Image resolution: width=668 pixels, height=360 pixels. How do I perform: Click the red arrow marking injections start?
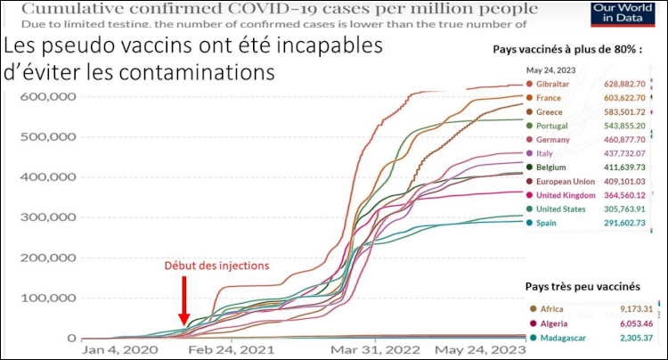tap(184, 300)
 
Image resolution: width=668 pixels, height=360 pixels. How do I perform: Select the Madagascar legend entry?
tap(564, 338)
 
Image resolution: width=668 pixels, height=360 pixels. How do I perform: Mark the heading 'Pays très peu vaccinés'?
tap(582, 287)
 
